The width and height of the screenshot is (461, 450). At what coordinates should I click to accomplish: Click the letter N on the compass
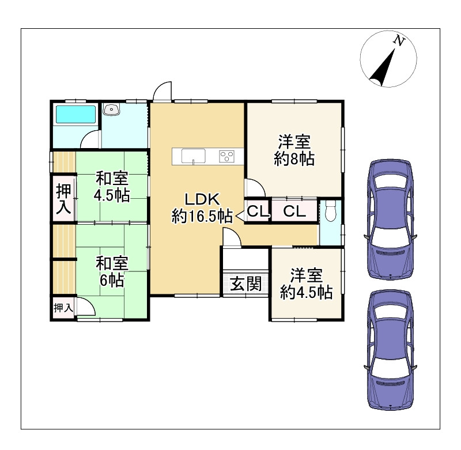click(399, 40)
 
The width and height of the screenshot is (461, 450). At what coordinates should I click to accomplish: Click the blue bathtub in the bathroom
click(76, 114)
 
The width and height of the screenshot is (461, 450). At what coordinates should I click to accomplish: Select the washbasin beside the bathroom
click(111, 109)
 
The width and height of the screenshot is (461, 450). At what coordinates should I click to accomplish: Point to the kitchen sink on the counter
click(193, 156)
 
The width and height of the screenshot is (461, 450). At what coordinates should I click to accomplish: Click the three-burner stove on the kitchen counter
click(226, 156)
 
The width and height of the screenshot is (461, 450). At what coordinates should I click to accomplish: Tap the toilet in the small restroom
click(331, 210)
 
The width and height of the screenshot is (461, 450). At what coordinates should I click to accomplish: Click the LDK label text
click(202, 199)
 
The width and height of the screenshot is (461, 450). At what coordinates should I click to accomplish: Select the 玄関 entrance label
click(246, 284)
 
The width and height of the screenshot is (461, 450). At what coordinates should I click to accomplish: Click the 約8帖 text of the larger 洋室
click(294, 159)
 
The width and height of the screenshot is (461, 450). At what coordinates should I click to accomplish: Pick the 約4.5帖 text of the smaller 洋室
click(307, 292)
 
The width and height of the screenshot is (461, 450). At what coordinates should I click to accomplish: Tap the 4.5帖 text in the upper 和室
click(112, 195)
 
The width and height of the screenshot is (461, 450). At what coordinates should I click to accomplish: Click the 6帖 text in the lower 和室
click(112, 280)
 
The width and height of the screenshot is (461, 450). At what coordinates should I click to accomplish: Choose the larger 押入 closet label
click(64, 198)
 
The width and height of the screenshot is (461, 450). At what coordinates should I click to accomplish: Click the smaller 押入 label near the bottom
click(63, 308)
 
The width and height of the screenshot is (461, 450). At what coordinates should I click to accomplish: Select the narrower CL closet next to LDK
click(258, 211)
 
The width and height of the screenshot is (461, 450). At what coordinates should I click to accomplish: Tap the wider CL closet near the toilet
click(294, 211)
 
